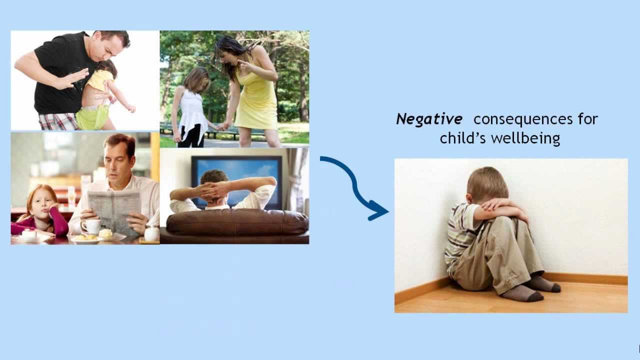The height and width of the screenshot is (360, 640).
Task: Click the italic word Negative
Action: [x=429, y=119]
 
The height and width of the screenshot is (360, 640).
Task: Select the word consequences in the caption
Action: [x=523, y=119]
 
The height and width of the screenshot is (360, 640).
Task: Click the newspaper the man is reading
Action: [x=114, y=210]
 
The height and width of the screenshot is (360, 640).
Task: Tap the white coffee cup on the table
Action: [x=91, y=226]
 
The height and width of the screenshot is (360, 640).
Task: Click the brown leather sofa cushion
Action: [x=237, y=222]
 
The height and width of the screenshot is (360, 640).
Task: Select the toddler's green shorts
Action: [x=92, y=116]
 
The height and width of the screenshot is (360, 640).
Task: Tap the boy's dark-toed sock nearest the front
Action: [x=523, y=293]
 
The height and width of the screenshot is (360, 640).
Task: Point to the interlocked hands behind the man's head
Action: [x=213, y=191]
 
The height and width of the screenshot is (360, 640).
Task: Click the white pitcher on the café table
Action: [x=151, y=232]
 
